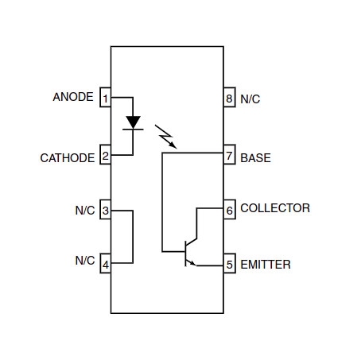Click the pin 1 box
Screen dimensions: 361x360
[x=105, y=97]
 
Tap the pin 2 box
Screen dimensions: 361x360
[x=105, y=154]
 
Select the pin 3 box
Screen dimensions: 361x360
[x=105, y=209]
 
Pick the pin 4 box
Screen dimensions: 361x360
[x=105, y=263]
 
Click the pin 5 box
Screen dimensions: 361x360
[x=230, y=263]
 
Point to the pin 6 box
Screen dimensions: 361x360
[x=230, y=209]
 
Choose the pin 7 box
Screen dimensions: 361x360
[x=230, y=154]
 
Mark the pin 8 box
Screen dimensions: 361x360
[x=230, y=97]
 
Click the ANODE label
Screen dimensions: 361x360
[x=73, y=97]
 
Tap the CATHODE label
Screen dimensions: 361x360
[x=68, y=158]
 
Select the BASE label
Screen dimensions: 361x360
[x=255, y=158]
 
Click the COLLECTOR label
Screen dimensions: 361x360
[x=275, y=208]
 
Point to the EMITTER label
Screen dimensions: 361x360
[x=266, y=265]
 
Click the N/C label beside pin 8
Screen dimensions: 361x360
[x=250, y=99]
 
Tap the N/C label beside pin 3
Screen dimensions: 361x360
[x=85, y=211]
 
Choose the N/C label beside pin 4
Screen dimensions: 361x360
[x=85, y=261]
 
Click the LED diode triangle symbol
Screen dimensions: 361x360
[x=133, y=122]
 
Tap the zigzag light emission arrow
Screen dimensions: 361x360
[x=165, y=136]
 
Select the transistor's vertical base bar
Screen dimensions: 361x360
[x=185, y=254]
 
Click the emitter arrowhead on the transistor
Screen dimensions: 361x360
[x=192, y=263]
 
